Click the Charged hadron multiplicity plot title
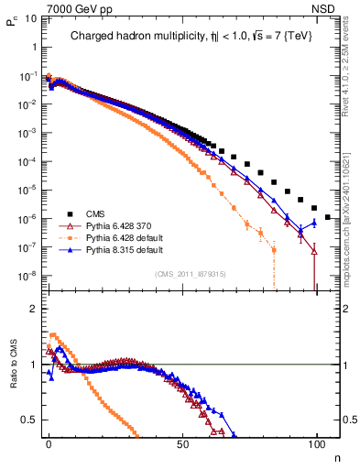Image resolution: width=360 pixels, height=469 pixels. tap(182, 38)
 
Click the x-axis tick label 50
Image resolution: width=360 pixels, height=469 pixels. tap(182, 444)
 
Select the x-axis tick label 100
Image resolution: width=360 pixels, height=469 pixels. tap(316, 444)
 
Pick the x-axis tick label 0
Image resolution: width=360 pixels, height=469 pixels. tap(49, 444)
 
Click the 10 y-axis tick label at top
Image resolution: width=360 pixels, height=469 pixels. tap(28, 20)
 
